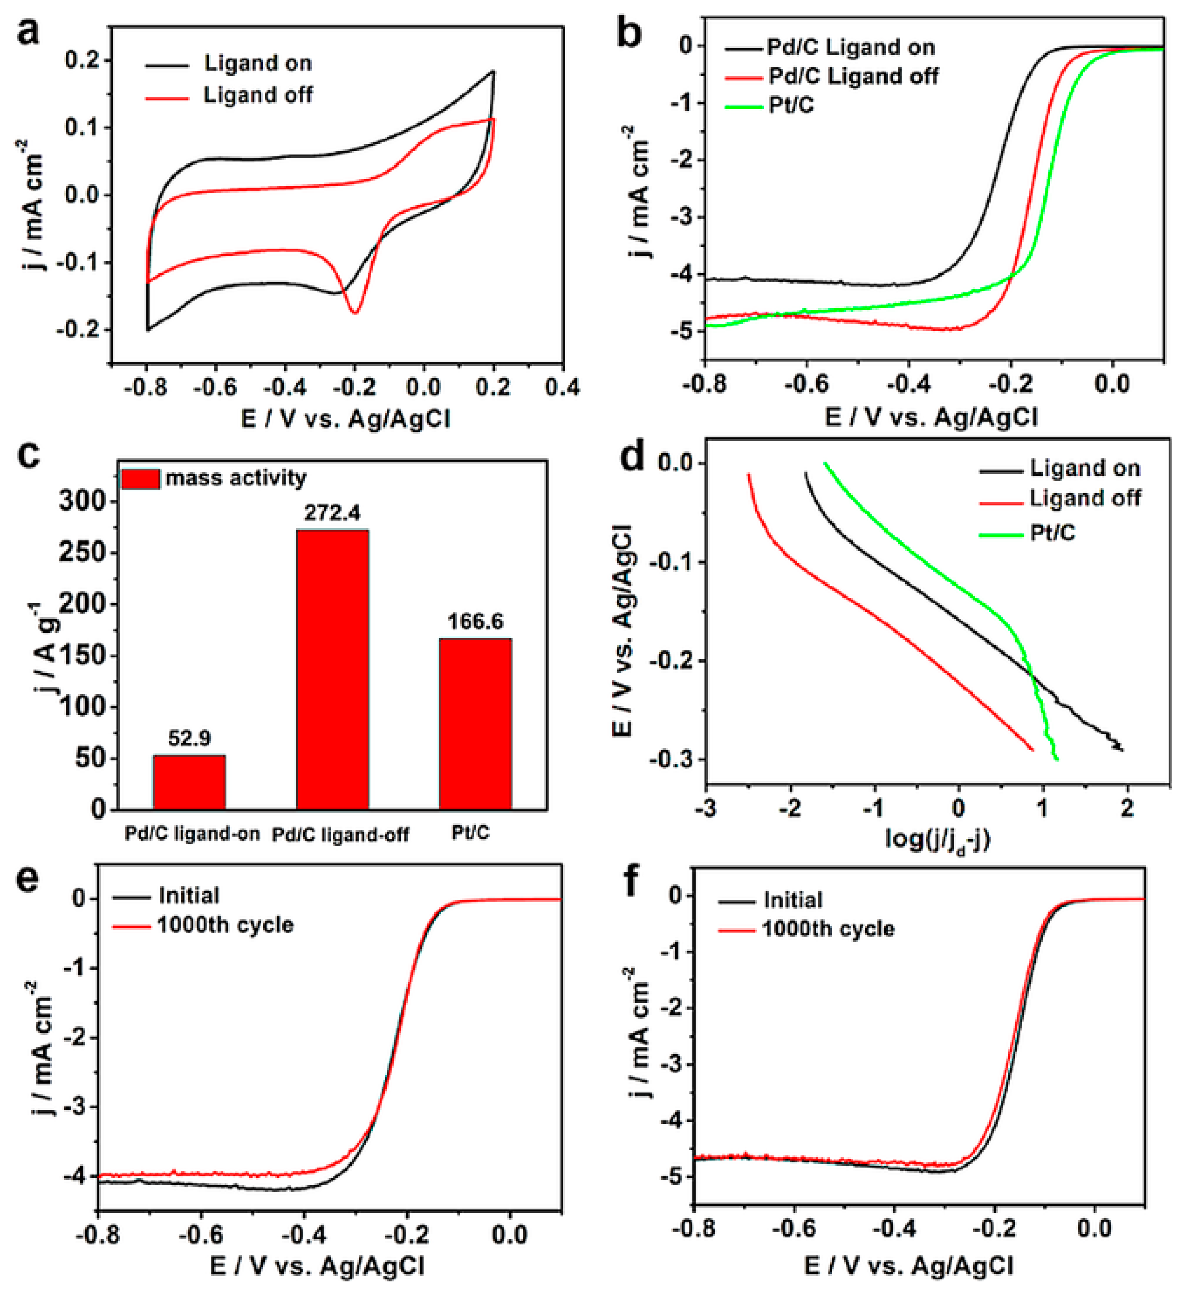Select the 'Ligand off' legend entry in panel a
[x=257, y=96]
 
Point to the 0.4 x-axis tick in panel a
[x=562, y=387]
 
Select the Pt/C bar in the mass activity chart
[x=475, y=723]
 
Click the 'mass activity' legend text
[x=236, y=478]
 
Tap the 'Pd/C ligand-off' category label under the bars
[x=340, y=835]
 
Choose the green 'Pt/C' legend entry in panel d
[x=1052, y=533]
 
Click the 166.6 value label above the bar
[x=475, y=621]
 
